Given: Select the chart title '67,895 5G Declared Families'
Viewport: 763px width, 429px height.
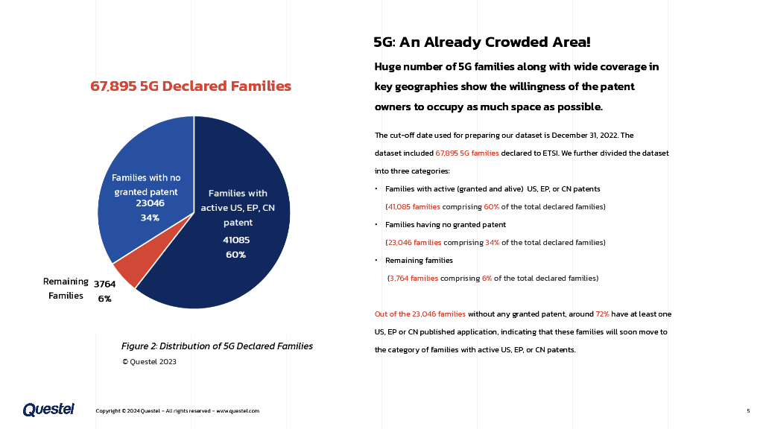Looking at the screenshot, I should [191, 86].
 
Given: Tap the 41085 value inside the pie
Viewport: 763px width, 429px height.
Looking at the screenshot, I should [236, 240].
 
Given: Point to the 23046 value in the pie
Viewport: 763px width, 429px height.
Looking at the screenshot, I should [150, 203].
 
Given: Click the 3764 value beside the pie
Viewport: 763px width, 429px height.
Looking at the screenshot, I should [104, 284].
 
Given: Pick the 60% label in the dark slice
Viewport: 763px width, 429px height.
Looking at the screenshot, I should [236, 255].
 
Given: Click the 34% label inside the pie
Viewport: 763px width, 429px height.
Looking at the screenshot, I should [150, 218].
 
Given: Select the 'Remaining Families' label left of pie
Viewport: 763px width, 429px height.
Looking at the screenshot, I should [66, 288].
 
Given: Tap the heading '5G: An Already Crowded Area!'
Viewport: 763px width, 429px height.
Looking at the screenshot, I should [482, 42].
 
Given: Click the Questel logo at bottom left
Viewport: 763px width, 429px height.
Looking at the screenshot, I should [48, 410].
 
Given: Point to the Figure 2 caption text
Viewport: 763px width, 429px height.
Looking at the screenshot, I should [217, 346].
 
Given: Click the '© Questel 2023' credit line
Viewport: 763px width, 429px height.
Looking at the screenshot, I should [149, 362].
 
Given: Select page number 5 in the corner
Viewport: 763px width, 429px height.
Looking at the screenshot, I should [748, 411].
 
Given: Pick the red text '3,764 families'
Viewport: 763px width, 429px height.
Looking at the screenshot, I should [414, 279].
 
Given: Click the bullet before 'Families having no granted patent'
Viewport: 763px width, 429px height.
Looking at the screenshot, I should [377, 225].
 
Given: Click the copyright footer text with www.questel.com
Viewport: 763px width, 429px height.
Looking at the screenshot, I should [177, 411].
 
